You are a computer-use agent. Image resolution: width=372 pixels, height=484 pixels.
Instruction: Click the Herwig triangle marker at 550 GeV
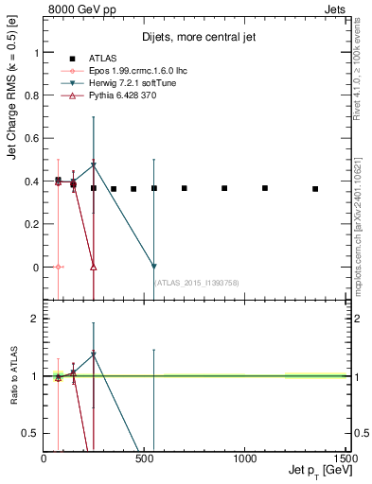click(x=154, y=267)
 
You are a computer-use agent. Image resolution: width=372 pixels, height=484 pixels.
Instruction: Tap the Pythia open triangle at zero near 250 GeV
click(x=94, y=267)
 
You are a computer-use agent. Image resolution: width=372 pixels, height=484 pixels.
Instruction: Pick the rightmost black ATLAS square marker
click(x=315, y=189)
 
